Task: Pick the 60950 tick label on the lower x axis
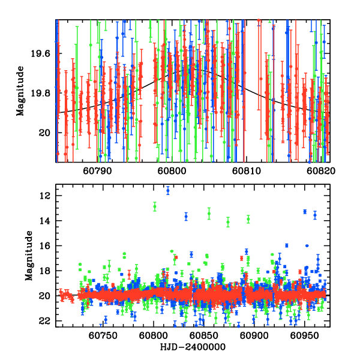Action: click(307, 335)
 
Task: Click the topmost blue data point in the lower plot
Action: click(168, 190)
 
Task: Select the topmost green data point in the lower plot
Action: click(155, 206)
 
